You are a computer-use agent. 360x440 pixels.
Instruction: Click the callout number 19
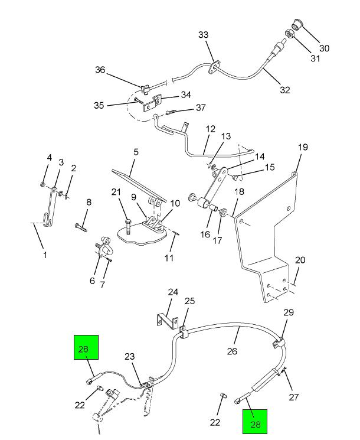point(303,147)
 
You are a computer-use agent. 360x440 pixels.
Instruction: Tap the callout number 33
point(204,35)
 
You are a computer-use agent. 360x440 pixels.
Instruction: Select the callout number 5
point(136,152)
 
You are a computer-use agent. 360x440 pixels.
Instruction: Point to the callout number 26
point(232,351)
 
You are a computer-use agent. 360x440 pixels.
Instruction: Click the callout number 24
point(173,292)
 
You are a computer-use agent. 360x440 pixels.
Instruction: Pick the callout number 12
point(211,129)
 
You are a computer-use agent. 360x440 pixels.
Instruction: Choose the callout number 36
point(100,70)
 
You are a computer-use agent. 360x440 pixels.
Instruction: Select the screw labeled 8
point(81,225)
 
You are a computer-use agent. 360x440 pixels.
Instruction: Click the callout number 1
point(45,255)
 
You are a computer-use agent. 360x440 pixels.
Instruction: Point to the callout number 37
point(201,107)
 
